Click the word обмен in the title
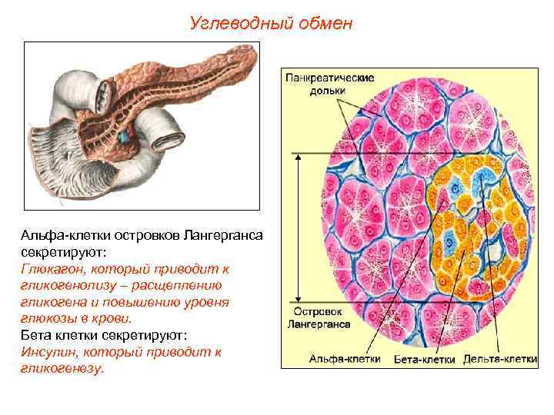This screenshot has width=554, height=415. pyautogui.click(x=325, y=23)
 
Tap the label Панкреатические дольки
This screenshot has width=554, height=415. pyautogui.click(x=330, y=85)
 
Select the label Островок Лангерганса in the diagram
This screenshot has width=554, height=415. pyautogui.click(x=319, y=318)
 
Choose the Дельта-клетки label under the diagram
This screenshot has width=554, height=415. pyautogui.click(x=500, y=358)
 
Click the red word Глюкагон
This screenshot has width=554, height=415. pyautogui.click(x=50, y=269)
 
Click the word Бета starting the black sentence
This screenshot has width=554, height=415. pyautogui.click(x=35, y=335)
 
